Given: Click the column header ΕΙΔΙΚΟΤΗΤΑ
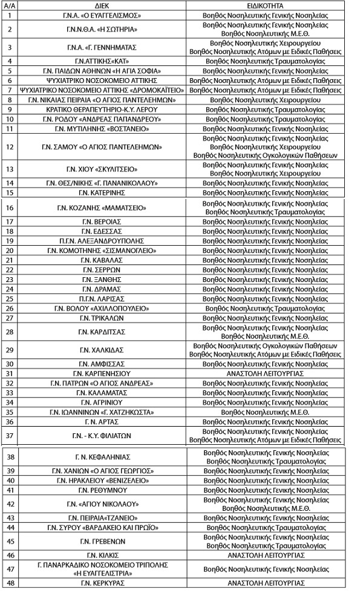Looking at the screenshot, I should (x=266, y=4).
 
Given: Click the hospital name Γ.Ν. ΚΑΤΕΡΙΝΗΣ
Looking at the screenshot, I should (x=101, y=192).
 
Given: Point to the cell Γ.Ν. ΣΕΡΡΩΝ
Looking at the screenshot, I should (x=101, y=269).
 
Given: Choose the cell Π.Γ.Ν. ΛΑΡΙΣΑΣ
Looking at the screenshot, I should (x=101, y=298).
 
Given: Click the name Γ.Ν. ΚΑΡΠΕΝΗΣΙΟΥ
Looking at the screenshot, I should (x=101, y=373).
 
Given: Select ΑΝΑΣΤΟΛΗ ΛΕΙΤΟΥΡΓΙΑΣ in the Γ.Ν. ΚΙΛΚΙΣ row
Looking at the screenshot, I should (x=266, y=555).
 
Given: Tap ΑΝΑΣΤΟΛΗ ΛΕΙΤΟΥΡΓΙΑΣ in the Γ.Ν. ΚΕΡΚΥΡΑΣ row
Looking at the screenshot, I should (x=266, y=583).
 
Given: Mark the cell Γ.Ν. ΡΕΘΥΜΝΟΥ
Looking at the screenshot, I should (x=101, y=490).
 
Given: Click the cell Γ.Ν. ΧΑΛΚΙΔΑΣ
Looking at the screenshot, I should (x=101, y=350).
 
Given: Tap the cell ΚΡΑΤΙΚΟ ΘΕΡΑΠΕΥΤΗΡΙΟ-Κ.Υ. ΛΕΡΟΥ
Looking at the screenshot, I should (x=101, y=110).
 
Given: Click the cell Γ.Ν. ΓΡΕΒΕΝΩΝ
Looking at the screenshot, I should (x=101, y=541).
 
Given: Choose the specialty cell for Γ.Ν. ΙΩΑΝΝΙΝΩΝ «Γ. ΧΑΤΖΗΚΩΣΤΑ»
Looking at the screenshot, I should (x=266, y=412).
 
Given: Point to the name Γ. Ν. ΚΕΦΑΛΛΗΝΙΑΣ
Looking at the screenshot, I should (x=101, y=457).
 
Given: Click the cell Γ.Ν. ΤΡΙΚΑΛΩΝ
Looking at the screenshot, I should (x=101, y=318).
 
